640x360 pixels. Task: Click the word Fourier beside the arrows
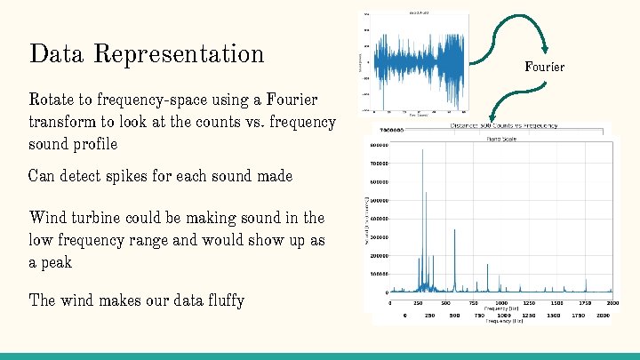click(x=544, y=67)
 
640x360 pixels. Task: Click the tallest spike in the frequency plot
click(x=422, y=151)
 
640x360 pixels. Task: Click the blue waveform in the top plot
click(x=418, y=62)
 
